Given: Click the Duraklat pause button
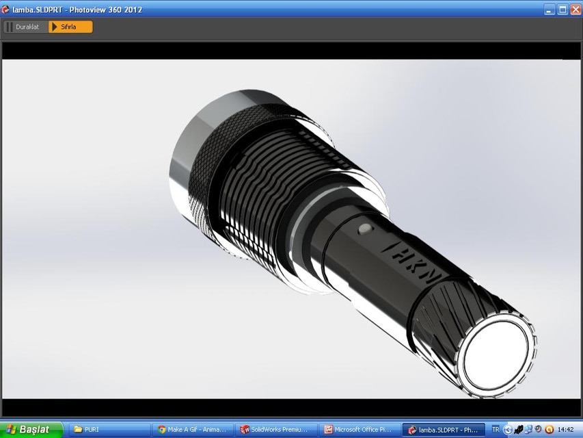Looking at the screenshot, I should [25, 27].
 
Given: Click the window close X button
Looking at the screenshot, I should [575, 10].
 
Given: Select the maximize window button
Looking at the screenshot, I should [562, 10].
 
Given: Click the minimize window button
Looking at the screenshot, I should [550, 10].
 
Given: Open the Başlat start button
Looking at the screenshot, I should [32, 430].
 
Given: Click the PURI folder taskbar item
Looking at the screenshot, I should [109, 430].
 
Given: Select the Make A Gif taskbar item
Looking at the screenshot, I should [193, 430].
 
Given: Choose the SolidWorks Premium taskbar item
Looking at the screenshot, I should [276, 430].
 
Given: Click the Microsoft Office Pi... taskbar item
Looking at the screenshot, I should [360, 430].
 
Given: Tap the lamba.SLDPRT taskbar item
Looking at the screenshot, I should [443, 430].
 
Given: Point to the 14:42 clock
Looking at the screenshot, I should [565, 430].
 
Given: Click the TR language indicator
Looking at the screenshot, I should [496, 430].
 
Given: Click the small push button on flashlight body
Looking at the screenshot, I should [366, 228].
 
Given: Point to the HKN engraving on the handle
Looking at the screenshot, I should [412, 262].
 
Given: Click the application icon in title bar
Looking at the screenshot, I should [6, 10].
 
